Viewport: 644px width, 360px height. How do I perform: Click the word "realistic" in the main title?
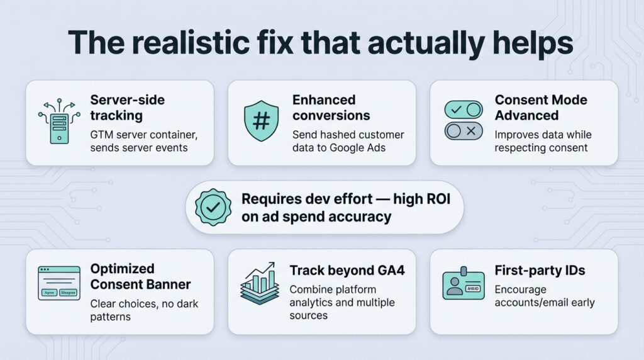(x=191, y=42)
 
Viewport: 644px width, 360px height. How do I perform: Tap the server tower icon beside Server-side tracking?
(x=60, y=121)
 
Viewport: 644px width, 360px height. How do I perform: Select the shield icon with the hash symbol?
(x=261, y=121)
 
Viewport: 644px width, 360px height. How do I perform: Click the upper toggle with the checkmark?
(x=464, y=110)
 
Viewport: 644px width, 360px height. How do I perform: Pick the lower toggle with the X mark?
(x=464, y=131)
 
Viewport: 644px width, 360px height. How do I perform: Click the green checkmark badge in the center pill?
(x=213, y=207)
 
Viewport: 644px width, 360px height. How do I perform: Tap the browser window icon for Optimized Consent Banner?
(x=59, y=283)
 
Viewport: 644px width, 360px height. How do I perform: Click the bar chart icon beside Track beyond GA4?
(x=260, y=284)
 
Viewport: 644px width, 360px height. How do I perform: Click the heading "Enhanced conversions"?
(x=331, y=108)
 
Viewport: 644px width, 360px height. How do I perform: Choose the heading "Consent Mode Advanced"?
(x=541, y=108)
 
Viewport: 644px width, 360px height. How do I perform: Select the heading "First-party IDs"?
(x=540, y=271)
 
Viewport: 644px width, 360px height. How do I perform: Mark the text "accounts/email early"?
(x=545, y=303)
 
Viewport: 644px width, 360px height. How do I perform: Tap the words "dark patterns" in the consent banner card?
(x=144, y=310)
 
